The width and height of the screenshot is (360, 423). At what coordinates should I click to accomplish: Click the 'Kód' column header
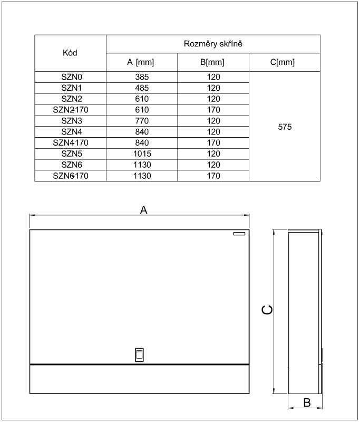tap(70, 53)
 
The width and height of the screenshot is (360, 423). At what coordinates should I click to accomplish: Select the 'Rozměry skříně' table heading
tap(213, 44)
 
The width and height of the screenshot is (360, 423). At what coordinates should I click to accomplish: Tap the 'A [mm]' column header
tap(141, 62)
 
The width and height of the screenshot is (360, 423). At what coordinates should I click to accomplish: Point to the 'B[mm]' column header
tap(213, 62)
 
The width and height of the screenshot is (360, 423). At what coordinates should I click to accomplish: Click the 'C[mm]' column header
tap(284, 62)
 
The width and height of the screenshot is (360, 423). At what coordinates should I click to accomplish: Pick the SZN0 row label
tap(71, 76)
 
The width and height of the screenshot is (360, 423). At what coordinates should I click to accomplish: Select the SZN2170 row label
tap(71, 110)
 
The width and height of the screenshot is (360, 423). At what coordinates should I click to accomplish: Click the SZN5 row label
tap(71, 154)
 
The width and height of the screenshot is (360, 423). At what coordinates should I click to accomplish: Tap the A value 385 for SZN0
tap(141, 76)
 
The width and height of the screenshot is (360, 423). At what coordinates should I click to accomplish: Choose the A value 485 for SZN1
tap(141, 88)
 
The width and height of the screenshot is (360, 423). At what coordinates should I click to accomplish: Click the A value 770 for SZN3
tap(141, 121)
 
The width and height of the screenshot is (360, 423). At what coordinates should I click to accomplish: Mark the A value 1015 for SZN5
tap(141, 154)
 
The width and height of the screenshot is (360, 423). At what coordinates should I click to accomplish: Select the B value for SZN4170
tap(213, 143)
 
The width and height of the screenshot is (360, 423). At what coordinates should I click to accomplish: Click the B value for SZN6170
tap(213, 176)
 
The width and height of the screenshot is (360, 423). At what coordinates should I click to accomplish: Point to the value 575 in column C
tap(284, 127)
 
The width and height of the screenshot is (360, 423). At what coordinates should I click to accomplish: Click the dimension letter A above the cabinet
tap(143, 210)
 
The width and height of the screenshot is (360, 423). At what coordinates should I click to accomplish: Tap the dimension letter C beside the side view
tap(268, 311)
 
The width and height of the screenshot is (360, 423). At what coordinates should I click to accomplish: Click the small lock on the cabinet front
tap(139, 354)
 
